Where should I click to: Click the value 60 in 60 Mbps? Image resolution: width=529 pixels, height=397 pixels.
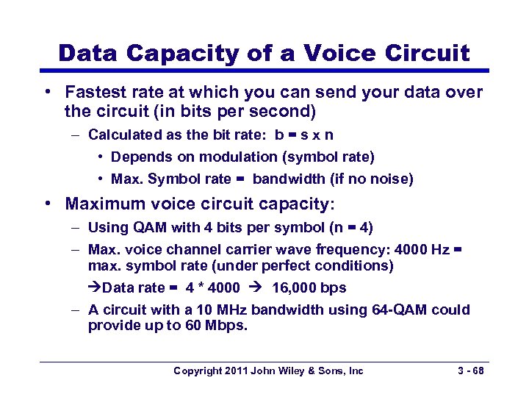click(x=190, y=325)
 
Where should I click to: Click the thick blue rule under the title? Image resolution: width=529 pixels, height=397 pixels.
click(x=264, y=71)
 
